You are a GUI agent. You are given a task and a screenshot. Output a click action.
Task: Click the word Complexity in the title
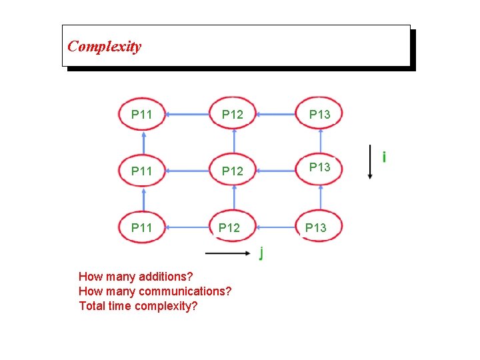coord(105,47)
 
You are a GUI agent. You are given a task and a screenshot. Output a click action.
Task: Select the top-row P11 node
coord(142,114)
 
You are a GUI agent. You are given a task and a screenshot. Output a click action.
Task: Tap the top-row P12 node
coord(233,114)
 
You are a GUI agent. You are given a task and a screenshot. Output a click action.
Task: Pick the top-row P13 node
coord(320,114)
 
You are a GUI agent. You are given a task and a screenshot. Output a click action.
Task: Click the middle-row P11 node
coord(142,171)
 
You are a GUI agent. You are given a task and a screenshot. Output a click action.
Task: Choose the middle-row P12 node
coord(233,171)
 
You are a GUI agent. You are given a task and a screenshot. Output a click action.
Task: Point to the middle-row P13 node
coord(320,167)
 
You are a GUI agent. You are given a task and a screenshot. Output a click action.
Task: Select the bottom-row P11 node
coord(142,227)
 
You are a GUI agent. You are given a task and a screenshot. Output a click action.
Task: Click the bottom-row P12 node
coord(229,227)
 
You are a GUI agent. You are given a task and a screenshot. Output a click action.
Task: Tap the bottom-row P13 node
coord(316,227)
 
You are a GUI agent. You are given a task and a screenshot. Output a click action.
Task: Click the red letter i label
coord(384,158)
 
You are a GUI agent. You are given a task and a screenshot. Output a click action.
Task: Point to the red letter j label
coord(261,253)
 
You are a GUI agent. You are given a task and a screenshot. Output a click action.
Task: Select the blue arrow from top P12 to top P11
coord(187,115)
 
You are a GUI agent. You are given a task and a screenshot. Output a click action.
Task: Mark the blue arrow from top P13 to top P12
coord(277,115)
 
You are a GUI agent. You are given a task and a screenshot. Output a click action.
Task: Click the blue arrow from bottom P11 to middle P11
coord(143,199)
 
